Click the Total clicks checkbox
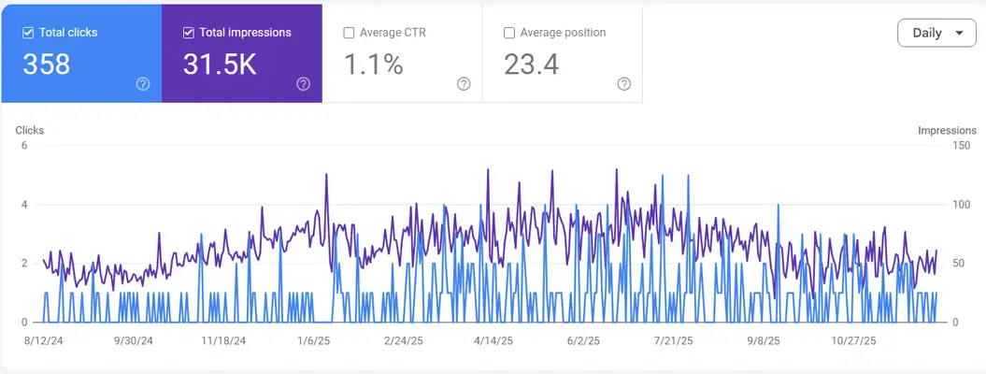pyautogui.click(x=29, y=33)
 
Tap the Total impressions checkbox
pyautogui.click(x=189, y=33)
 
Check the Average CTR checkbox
pyautogui.click(x=350, y=33)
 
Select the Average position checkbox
pyautogui.click(x=509, y=33)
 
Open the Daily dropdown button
pyautogui.click(x=936, y=33)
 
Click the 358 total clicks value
pyautogui.click(x=46, y=65)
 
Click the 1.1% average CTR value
pyautogui.click(x=373, y=65)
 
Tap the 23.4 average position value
pyautogui.click(x=532, y=65)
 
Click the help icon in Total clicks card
pyautogui.click(x=143, y=84)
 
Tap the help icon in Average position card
pyautogui.click(x=624, y=84)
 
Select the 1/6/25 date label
pyautogui.click(x=314, y=341)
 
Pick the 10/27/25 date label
pyautogui.click(x=854, y=341)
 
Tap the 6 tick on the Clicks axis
pyautogui.click(x=23, y=146)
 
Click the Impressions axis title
pyautogui.click(x=947, y=131)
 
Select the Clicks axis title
pyautogui.click(x=30, y=131)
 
